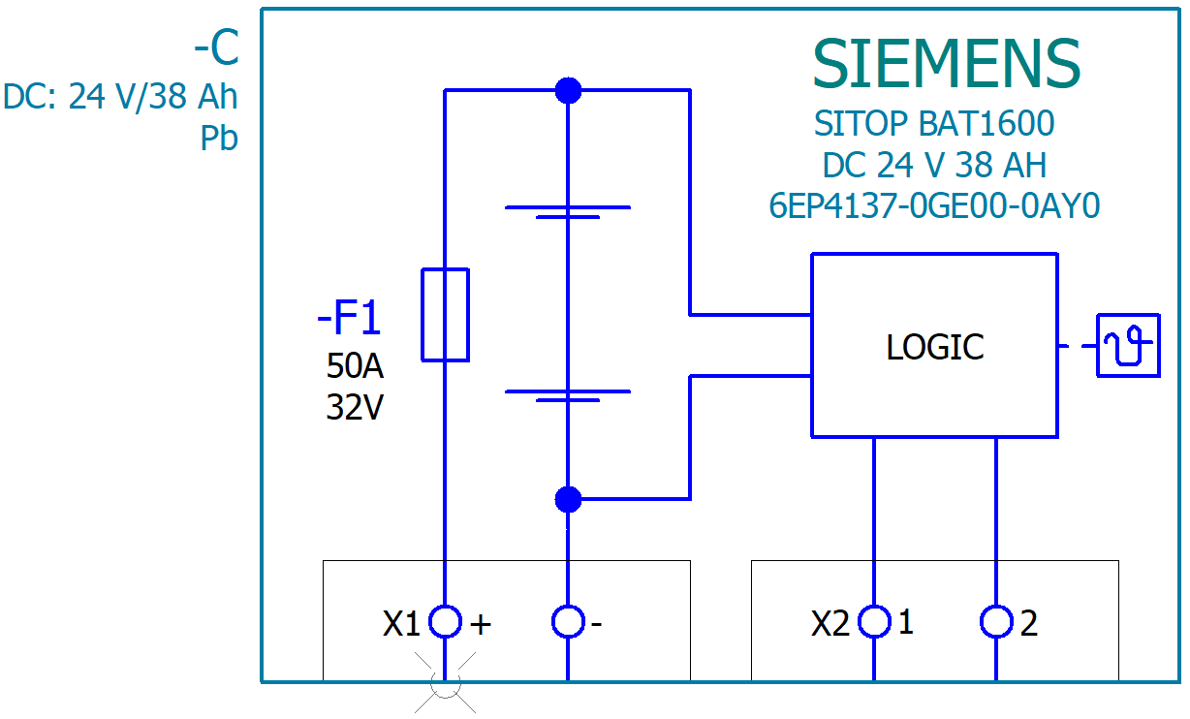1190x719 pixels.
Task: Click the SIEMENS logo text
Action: pyautogui.click(x=946, y=65)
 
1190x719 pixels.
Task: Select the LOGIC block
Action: pyautogui.click(x=934, y=346)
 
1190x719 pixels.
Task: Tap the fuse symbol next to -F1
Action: pyautogui.click(x=446, y=315)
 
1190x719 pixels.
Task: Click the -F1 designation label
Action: pyautogui.click(x=349, y=319)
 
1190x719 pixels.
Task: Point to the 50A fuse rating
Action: pyautogui.click(x=355, y=366)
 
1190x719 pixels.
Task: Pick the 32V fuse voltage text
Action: pyautogui.click(x=355, y=408)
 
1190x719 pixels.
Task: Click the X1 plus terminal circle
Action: pyautogui.click(x=445, y=621)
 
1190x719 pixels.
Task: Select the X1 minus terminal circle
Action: pyautogui.click(x=568, y=621)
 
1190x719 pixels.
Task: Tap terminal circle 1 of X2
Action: pyautogui.click(x=875, y=621)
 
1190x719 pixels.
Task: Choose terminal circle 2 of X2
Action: pyautogui.click(x=996, y=621)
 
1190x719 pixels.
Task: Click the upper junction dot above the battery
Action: pyautogui.click(x=568, y=91)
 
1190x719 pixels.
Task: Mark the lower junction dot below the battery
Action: pyautogui.click(x=568, y=499)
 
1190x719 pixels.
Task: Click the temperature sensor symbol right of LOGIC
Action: pyautogui.click(x=1128, y=345)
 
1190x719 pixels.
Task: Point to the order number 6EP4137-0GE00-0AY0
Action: pyautogui.click(x=934, y=206)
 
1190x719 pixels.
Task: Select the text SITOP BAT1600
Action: pyautogui.click(x=934, y=124)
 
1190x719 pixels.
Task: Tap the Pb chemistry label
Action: pyautogui.click(x=219, y=140)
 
